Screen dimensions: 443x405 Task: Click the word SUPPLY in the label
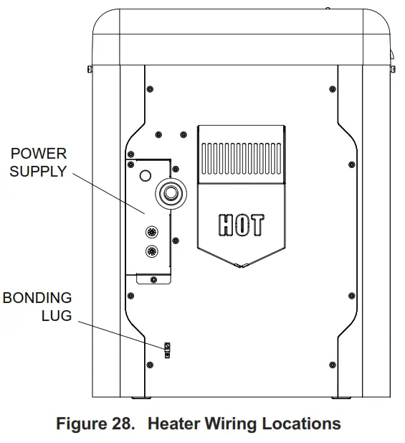[x=38, y=172]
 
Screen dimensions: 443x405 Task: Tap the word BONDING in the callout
[x=37, y=297]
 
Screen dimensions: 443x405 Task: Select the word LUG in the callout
[x=57, y=315]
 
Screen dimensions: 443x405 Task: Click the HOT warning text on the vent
[x=240, y=225]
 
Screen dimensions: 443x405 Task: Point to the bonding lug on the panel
[x=168, y=349]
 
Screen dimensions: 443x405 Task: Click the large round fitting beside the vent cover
[x=171, y=193]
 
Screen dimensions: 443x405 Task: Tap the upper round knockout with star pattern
[x=152, y=232]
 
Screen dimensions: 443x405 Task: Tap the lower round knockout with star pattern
[x=152, y=251]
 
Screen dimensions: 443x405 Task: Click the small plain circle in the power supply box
[x=146, y=175]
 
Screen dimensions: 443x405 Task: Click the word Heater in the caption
[x=173, y=424]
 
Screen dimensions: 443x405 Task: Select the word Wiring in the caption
[x=232, y=424]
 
